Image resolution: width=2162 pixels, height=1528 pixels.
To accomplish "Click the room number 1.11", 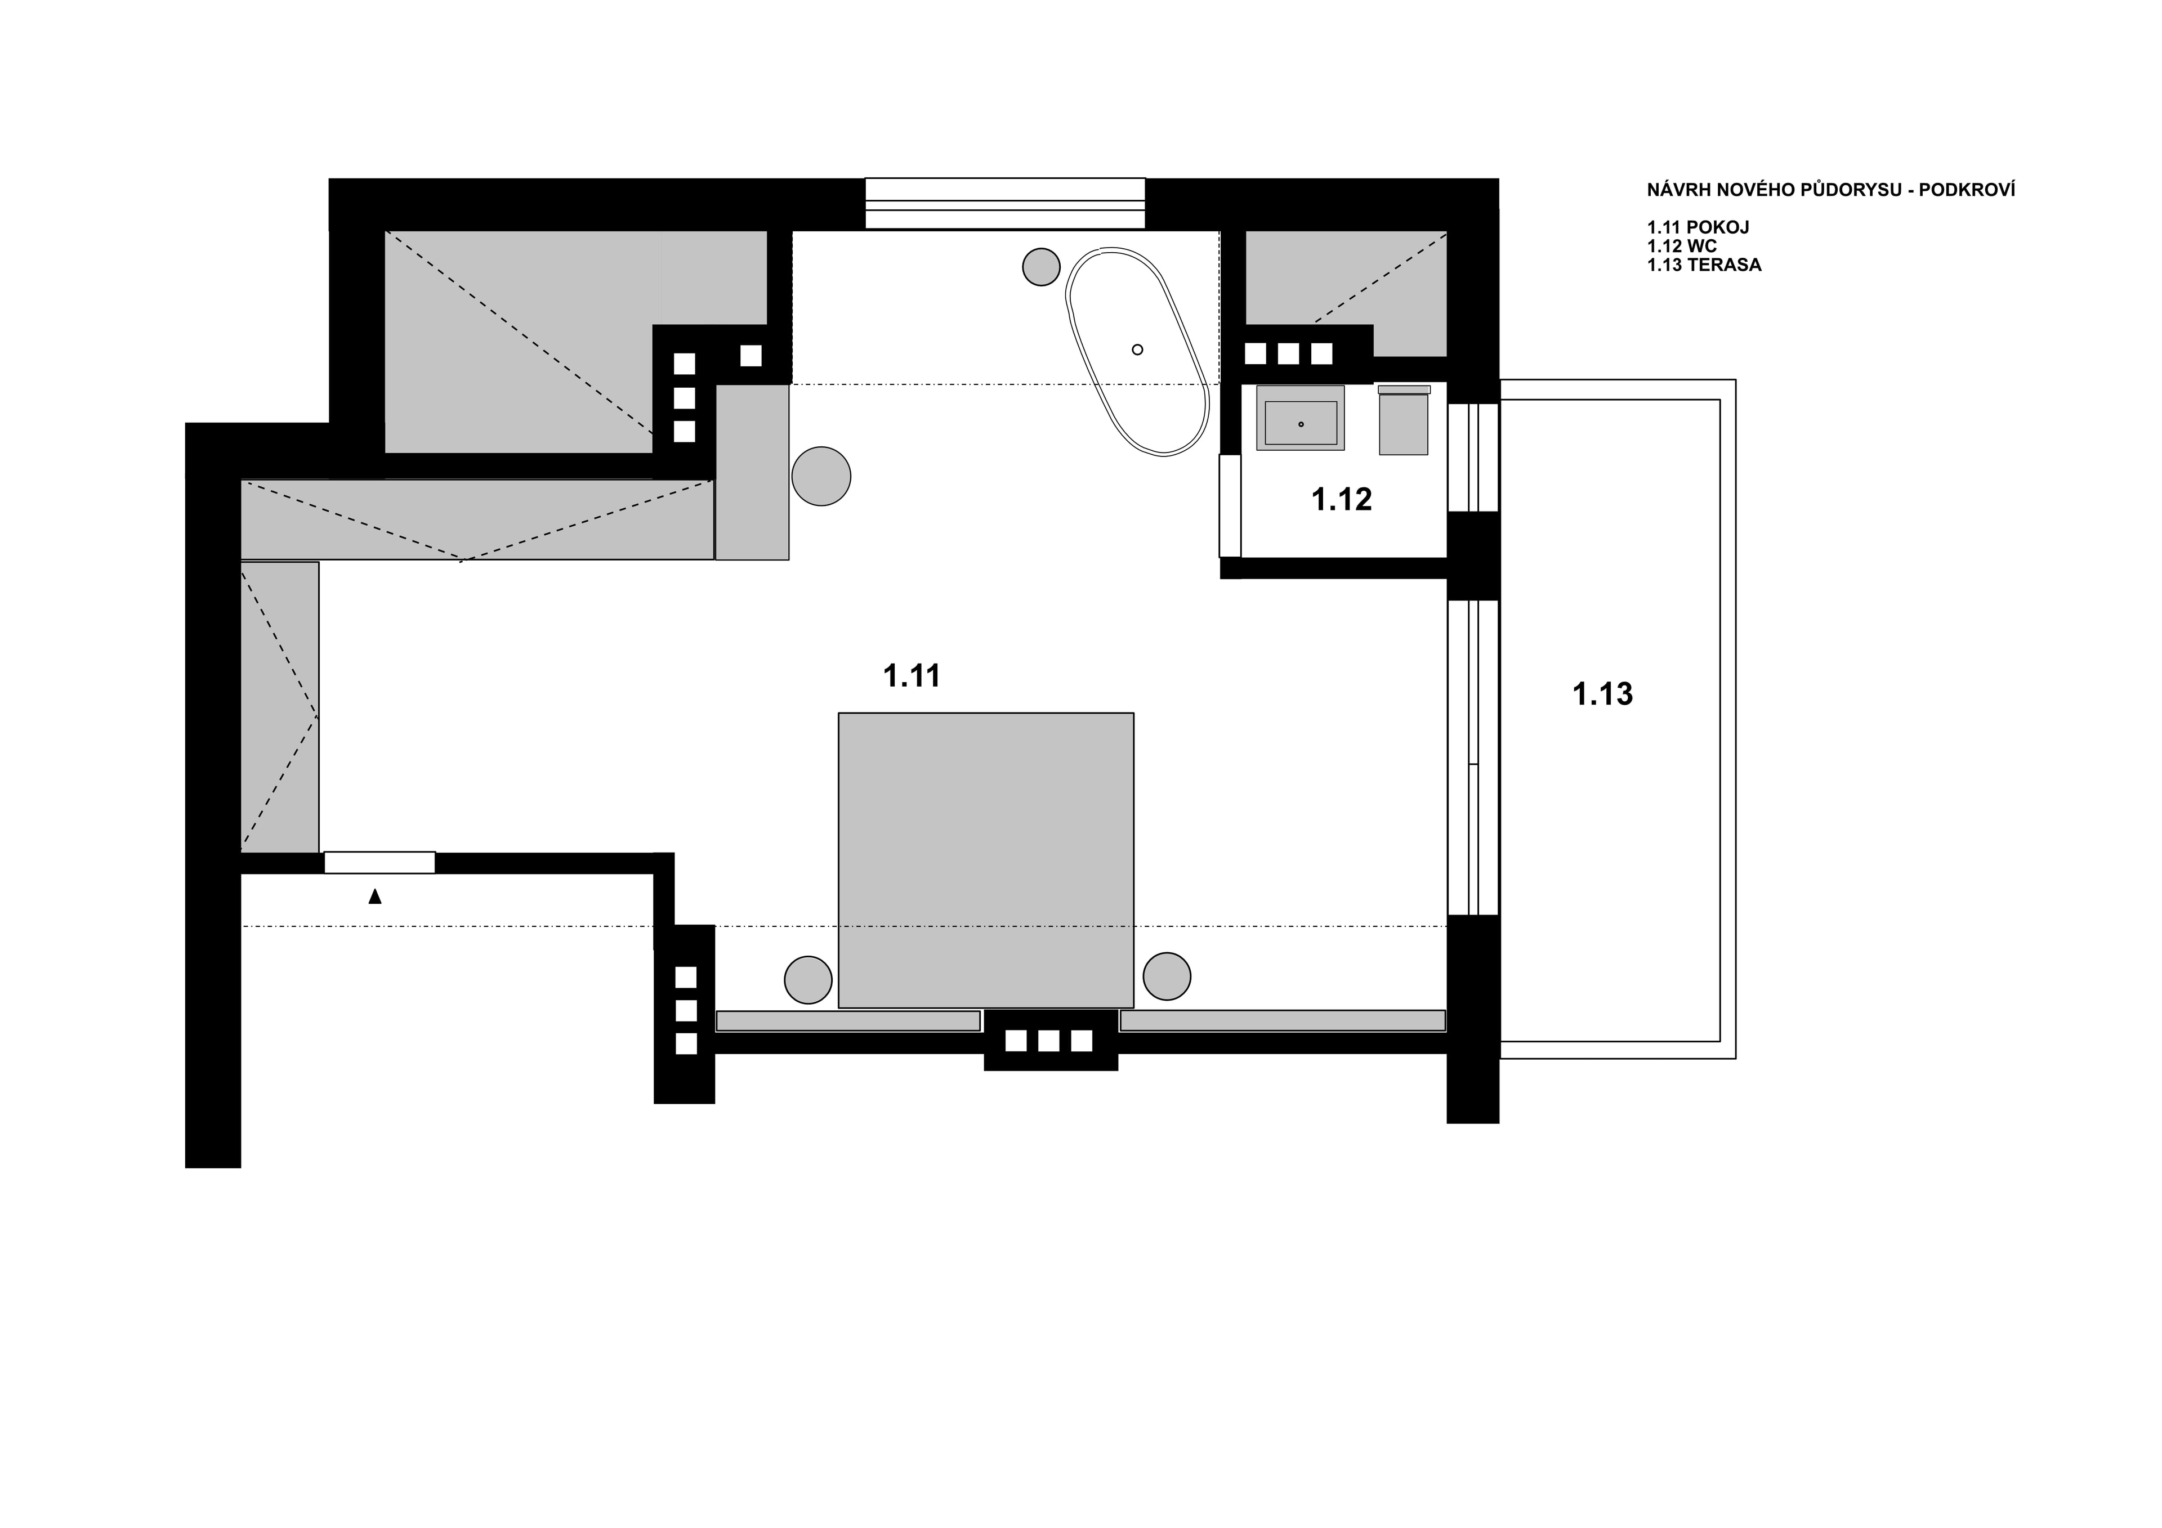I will [x=912, y=676].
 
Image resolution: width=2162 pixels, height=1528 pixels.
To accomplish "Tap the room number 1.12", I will [x=1341, y=500].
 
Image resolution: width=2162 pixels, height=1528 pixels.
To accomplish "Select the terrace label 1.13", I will [x=1603, y=695].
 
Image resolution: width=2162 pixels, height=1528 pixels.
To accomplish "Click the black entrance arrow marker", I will [x=375, y=897].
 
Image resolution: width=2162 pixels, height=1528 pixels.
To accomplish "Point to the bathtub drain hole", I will [x=1137, y=349].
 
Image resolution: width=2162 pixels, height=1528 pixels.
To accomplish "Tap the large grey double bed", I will [x=986, y=859].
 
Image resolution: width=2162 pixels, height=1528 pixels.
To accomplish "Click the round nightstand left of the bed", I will [x=808, y=980].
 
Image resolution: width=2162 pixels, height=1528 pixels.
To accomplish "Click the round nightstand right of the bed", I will [x=1167, y=976].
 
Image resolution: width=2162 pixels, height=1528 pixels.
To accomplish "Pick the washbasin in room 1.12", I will [x=1301, y=419].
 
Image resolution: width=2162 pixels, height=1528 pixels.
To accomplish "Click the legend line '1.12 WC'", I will [x=1682, y=247].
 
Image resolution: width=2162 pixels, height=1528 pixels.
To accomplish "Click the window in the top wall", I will [x=1005, y=203].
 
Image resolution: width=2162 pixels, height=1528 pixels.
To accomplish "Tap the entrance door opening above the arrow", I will [x=379, y=862].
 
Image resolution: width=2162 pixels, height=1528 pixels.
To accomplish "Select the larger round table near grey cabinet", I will [x=821, y=476].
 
